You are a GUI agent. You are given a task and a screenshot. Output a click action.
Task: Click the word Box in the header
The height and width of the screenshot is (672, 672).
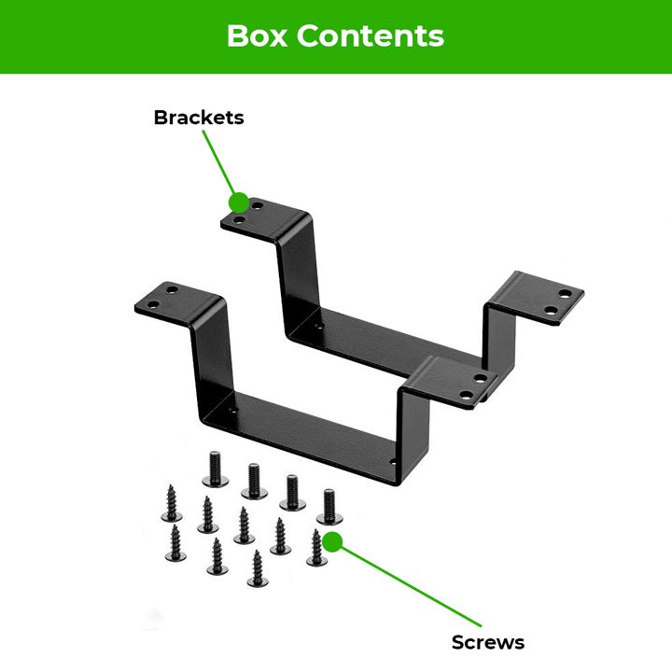point(259,35)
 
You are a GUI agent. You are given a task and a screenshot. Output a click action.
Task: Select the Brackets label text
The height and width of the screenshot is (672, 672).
point(198,118)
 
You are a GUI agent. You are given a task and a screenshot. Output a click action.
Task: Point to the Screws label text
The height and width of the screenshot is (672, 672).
point(487,642)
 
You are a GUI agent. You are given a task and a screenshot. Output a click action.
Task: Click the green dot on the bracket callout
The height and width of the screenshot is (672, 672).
point(239,202)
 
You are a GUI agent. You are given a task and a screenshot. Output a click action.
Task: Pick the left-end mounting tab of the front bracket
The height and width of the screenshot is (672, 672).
point(177,300)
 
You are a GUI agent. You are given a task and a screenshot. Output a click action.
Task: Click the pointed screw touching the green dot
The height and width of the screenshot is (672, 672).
point(316,549)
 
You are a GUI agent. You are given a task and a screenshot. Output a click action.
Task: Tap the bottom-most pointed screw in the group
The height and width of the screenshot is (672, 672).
point(257,568)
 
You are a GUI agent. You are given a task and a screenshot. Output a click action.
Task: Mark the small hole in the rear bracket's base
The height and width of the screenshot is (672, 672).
point(320,328)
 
